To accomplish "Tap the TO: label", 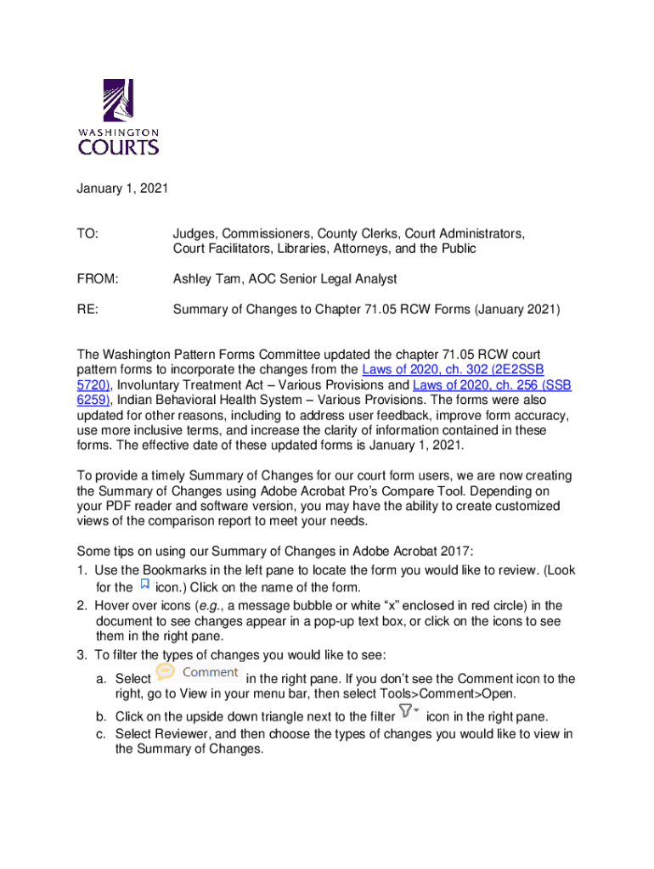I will point(87,233).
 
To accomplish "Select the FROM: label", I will point(98,279).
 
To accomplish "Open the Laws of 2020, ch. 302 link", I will point(453,370).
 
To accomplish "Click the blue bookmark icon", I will point(144,585).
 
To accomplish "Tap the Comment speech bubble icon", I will point(165,672).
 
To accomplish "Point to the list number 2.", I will point(82,606).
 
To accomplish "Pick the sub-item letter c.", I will point(99,733).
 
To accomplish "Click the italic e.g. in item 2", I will point(207,606).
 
